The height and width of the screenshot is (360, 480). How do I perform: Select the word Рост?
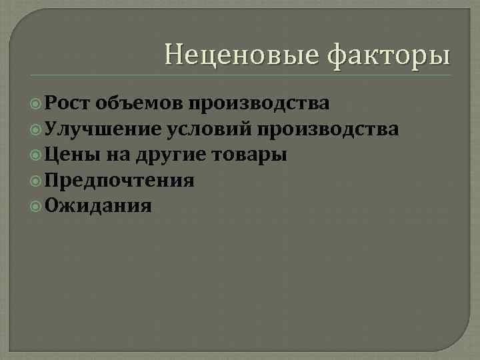coord(69,103)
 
